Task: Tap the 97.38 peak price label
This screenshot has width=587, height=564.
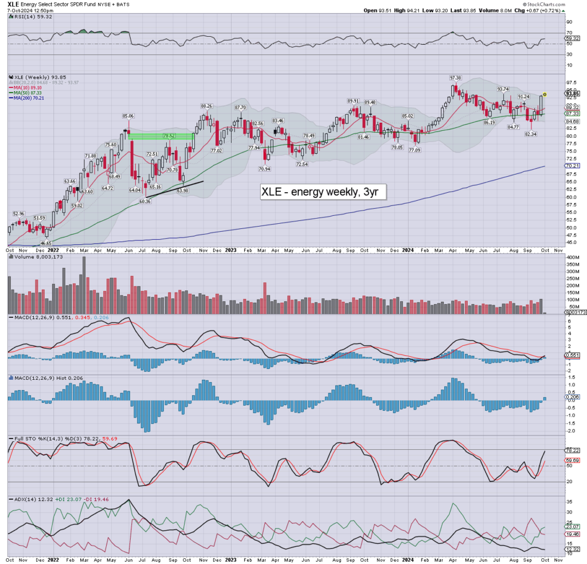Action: [x=456, y=77]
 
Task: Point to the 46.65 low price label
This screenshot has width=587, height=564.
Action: [x=39, y=243]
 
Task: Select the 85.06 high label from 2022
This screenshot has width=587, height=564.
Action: [x=128, y=116]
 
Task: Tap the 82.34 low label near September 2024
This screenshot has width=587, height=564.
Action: [x=530, y=134]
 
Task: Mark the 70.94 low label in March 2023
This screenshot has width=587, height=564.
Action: [x=264, y=169]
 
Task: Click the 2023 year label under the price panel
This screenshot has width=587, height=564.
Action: [x=230, y=250]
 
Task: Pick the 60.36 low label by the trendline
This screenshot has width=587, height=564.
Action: [x=144, y=201]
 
